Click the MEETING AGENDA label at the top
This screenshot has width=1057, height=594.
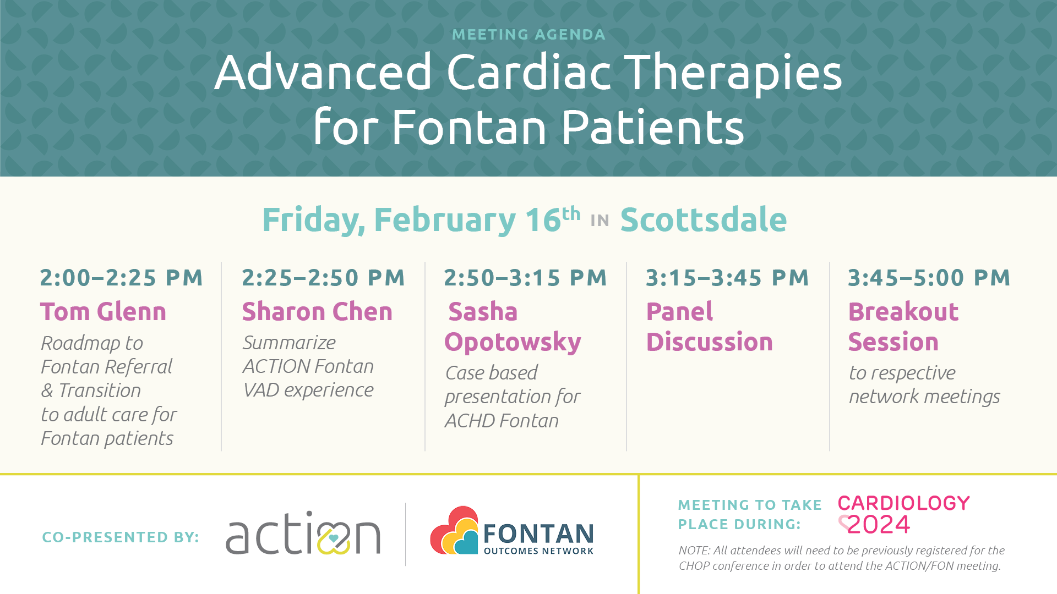pyautogui.click(x=528, y=35)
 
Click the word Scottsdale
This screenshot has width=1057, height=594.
pyautogui.click(x=704, y=219)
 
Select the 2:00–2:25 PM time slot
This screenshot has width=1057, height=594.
pyautogui.click(x=122, y=278)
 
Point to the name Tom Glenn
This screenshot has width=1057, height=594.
pyautogui.click(x=103, y=312)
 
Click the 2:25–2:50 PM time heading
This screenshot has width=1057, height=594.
pyautogui.click(x=324, y=278)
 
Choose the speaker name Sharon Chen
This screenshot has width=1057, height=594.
pyautogui.click(x=317, y=312)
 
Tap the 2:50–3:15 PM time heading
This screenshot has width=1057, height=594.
pyautogui.click(x=526, y=278)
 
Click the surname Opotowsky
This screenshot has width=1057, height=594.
pyautogui.click(x=513, y=342)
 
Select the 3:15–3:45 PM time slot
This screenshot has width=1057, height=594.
pyautogui.click(x=727, y=278)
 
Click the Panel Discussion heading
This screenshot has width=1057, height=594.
pyautogui.click(x=710, y=327)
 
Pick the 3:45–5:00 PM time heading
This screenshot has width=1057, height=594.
pyautogui.click(x=929, y=278)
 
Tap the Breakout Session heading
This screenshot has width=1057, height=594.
pyautogui.click(x=903, y=327)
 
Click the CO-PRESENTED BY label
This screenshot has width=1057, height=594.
pyautogui.click(x=121, y=537)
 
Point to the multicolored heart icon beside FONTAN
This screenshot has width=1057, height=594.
pyautogui.click(x=454, y=530)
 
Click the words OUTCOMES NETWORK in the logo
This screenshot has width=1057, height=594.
pyautogui.click(x=538, y=551)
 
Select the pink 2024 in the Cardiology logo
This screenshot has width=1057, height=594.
pyautogui.click(x=879, y=525)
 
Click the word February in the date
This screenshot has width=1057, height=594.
pyautogui.click(x=445, y=220)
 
